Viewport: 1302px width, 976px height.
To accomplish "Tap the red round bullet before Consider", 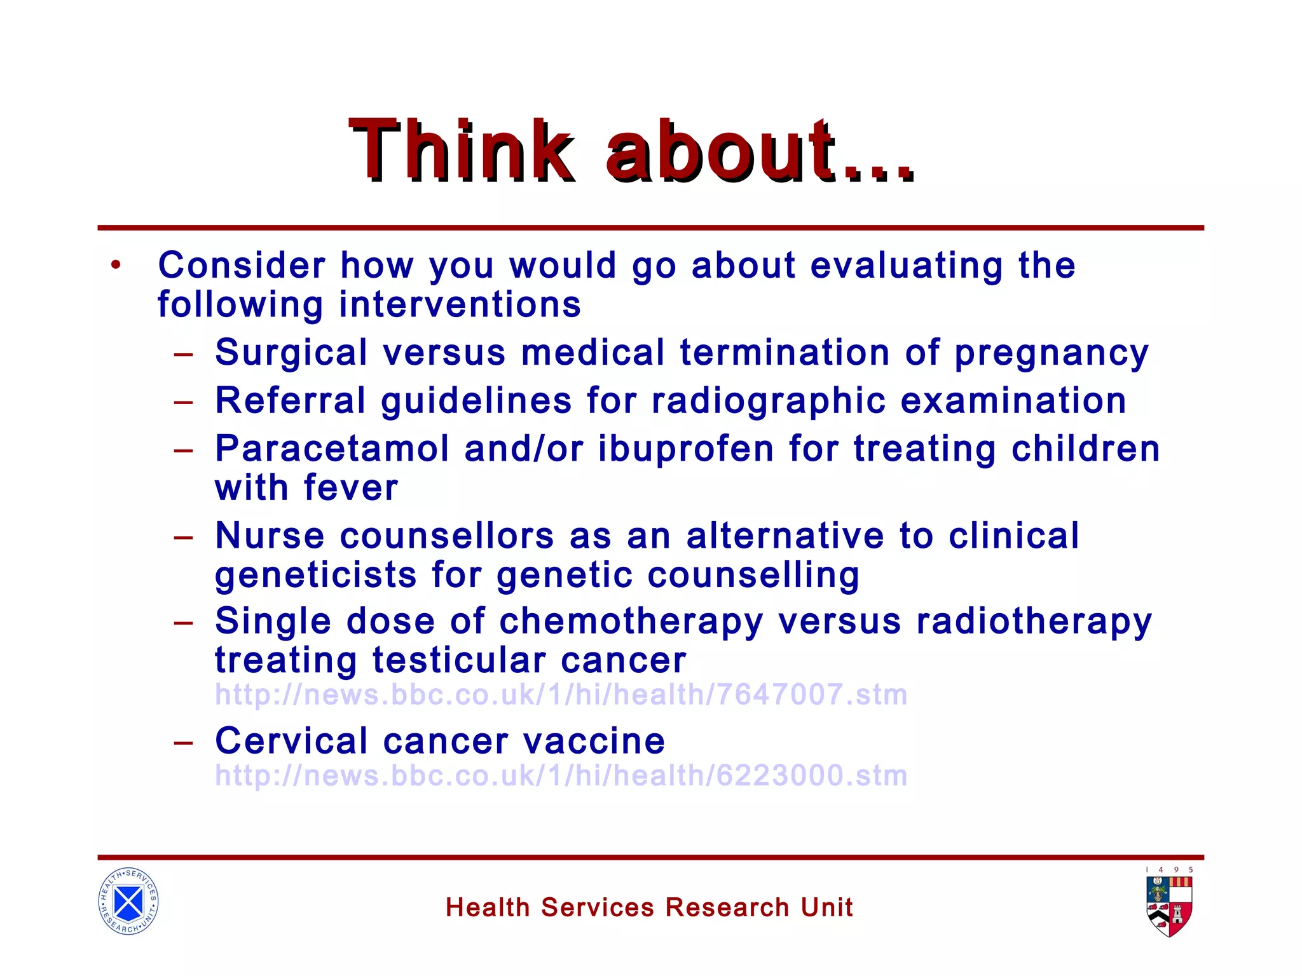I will pos(115,265).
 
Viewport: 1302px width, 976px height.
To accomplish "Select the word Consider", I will pos(242,265).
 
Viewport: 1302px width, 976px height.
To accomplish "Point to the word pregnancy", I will pos(1052,354).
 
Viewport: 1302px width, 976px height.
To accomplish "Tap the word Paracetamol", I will pos(332,449).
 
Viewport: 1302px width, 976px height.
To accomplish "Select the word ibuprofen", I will pos(686,450).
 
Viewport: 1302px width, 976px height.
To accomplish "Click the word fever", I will pos(351,488).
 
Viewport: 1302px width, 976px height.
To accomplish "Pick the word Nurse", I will pos(270,536).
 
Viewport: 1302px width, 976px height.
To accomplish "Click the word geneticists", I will pos(316,576).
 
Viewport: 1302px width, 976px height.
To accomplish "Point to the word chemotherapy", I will pos(631,621).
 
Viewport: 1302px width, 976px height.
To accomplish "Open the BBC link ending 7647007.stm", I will pos(561,695).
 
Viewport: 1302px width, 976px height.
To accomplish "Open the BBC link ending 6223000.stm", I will pos(561,776).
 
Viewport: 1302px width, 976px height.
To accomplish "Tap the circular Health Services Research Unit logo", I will pos(128,901).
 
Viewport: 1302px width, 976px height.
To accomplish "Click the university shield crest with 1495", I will pos(1170,905).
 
